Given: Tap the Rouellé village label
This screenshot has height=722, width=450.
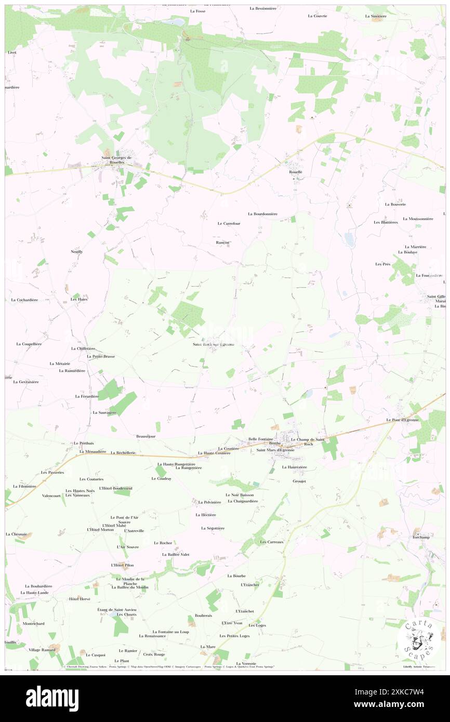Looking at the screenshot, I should coord(295,172).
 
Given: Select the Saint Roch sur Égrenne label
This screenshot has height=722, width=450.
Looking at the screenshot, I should coord(213,344).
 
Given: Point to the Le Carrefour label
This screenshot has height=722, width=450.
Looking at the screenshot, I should coord(229,223).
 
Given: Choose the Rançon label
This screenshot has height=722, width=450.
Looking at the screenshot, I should coord(222,242).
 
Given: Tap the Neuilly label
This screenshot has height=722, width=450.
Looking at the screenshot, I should coord(76,251).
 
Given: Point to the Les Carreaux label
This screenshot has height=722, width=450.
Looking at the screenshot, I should coord(271,542).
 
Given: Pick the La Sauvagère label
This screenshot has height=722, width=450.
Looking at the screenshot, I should coord(104,412).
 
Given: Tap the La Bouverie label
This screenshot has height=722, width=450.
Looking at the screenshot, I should coord(395,204).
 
